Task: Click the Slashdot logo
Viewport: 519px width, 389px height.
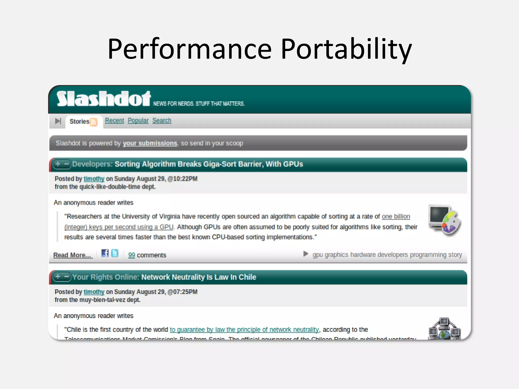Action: pyautogui.click(x=103, y=99)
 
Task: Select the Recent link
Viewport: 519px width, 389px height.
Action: pyautogui.click(x=115, y=121)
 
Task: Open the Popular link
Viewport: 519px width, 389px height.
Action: pyautogui.click(x=138, y=121)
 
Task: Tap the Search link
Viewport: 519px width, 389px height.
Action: pyautogui.click(x=162, y=121)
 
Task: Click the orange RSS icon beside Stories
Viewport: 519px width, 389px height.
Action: pyautogui.click(x=94, y=122)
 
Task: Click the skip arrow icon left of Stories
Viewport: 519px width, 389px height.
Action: pyautogui.click(x=58, y=121)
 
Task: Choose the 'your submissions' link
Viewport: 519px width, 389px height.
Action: pyautogui.click(x=150, y=143)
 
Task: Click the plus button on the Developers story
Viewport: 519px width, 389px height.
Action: pyautogui.click(x=58, y=164)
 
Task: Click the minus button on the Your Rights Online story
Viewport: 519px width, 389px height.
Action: pyautogui.click(x=67, y=277)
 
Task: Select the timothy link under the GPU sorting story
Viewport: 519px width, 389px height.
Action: pyautogui.click(x=94, y=179)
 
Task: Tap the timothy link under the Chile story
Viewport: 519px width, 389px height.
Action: pyautogui.click(x=94, y=292)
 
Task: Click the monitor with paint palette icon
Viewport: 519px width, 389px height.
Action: pyautogui.click(x=444, y=220)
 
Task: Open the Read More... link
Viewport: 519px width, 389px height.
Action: pyautogui.click(x=72, y=255)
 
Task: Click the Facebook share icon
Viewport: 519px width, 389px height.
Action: pyautogui.click(x=105, y=253)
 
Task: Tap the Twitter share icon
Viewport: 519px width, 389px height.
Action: pyautogui.click(x=115, y=253)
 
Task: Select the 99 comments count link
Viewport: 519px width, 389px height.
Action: pyautogui.click(x=132, y=255)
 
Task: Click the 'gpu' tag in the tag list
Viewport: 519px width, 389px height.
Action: pyautogui.click(x=318, y=255)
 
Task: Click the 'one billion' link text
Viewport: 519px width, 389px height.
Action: pyautogui.click(x=396, y=217)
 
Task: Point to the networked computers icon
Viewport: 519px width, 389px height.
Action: pyautogui.click(x=444, y=328)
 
